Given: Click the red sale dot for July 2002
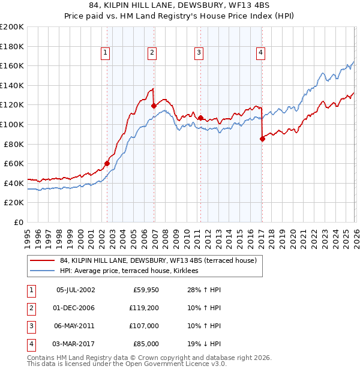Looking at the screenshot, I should pos(107,163).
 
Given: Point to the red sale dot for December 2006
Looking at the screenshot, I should pos(154,106).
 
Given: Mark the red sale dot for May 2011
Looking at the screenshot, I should pos(200,118).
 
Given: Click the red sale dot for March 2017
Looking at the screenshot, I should pos(262,139).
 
